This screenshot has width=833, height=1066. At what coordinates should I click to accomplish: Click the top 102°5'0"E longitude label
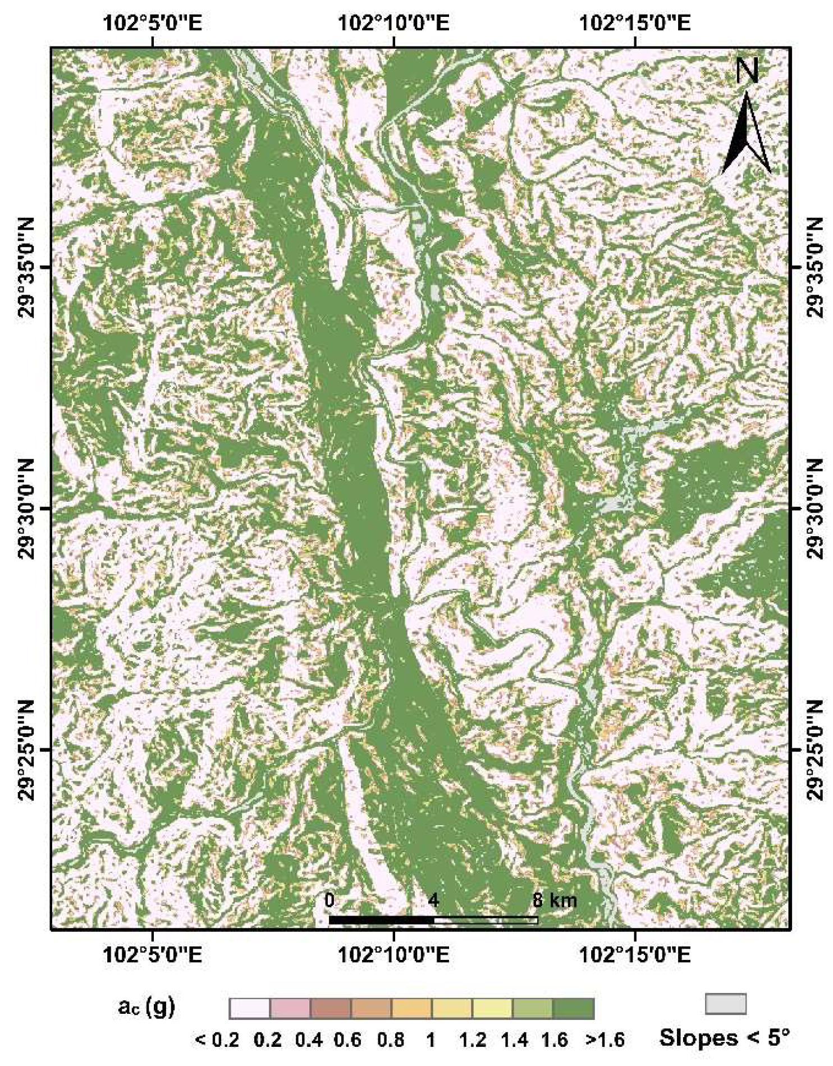point(152,24)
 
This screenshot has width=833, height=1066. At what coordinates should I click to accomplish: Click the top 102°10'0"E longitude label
point(393,24)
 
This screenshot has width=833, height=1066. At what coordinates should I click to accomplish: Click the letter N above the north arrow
point(747,71)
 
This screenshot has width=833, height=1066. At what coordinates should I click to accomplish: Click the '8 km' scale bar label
point(554,900)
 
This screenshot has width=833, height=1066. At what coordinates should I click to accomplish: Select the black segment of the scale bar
point(382,920)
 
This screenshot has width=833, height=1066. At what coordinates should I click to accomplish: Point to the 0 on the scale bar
point(329,900)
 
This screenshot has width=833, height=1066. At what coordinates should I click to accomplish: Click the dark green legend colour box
point(573,1009)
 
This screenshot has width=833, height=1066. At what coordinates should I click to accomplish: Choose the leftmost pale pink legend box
point(250,1009)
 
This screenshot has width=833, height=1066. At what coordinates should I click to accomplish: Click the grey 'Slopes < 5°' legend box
point(725,1004)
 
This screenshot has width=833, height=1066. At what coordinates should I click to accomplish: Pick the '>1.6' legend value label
point(605,1040)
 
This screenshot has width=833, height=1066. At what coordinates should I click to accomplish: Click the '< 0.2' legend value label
point(217,1040)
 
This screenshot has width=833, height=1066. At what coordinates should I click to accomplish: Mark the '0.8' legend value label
point(391,1040)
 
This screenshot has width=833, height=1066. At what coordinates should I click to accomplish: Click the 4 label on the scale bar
point(433,900)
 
